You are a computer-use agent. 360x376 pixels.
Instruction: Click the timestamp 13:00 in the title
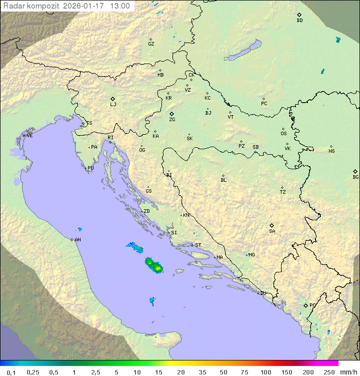click(x=120, y=6)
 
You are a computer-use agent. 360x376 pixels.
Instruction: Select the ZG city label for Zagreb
click(x=172, y=120)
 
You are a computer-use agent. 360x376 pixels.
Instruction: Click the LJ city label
click(x=113, y=105)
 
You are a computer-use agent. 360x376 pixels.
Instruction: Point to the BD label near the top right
click(x=299, y=21)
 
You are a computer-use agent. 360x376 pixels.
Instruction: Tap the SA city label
click(x=272, y=231)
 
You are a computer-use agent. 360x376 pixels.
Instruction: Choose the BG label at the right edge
click(x=355, y=177)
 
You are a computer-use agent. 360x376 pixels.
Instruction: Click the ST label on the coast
click(x=198, y=245)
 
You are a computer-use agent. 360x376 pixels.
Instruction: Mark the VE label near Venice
click(x=29, y=136)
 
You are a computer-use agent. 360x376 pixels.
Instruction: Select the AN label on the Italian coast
click(x=77, y=240)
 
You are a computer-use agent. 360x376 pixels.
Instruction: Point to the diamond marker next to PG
click(x=305, y=305)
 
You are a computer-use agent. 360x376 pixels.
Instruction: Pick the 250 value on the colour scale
click(x=328, y=372)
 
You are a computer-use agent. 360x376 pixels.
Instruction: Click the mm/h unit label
click(x=347, y=372)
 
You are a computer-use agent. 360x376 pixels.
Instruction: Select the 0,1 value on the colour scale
click(x=11, y=372)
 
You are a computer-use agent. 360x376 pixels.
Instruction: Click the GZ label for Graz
click(x=151, y=44)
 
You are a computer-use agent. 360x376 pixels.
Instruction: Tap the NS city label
click(x=331, y=151)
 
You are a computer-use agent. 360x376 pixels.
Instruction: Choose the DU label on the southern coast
click(x=262, y=293)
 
